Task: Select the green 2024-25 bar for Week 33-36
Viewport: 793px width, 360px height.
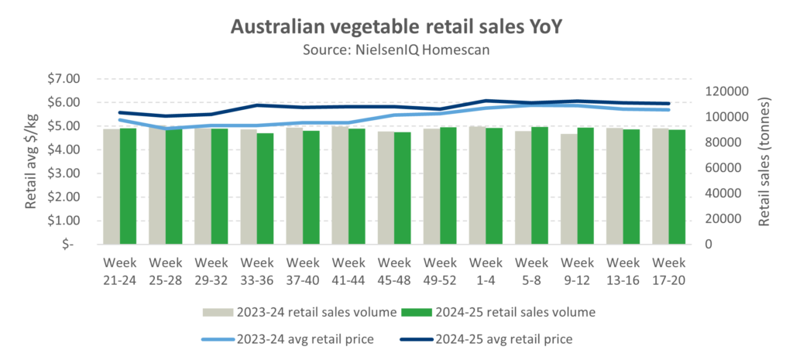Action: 266,188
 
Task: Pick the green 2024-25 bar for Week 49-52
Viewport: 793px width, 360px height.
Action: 448,185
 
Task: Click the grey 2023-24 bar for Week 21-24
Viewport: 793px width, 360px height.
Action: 112,186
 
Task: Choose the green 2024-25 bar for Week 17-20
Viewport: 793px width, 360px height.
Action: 677,187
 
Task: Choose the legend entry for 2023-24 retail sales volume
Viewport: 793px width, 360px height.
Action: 298,312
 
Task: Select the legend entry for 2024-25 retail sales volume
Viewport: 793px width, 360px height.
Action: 497,312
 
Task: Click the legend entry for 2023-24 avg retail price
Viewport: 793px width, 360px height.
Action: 298,338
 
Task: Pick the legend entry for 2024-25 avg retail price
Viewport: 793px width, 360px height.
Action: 497,338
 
